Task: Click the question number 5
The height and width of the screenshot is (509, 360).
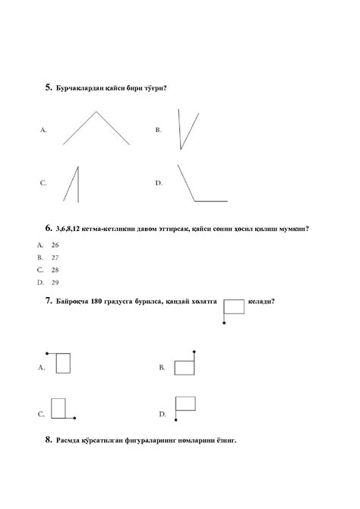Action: (x=48, y=88)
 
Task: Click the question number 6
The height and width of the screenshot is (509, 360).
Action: (x=48, y=227)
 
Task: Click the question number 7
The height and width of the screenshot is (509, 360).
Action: (x=48, y=301)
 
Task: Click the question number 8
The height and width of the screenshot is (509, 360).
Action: (x=48, y=439)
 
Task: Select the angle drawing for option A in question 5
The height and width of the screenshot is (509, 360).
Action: (x=96, y=128)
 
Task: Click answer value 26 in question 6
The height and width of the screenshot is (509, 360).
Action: (x=55, y=245)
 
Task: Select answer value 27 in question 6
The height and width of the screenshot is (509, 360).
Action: (x=55, y=258)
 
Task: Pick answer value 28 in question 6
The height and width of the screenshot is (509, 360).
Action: (x=55, y=270)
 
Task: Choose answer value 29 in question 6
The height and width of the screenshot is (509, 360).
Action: (x=55, y=282)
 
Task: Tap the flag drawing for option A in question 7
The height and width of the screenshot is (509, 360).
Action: (x=61, y=362)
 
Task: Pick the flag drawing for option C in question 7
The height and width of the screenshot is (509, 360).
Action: (x=61, y=409)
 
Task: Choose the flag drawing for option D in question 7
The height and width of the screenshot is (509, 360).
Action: (x=185, y=406)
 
